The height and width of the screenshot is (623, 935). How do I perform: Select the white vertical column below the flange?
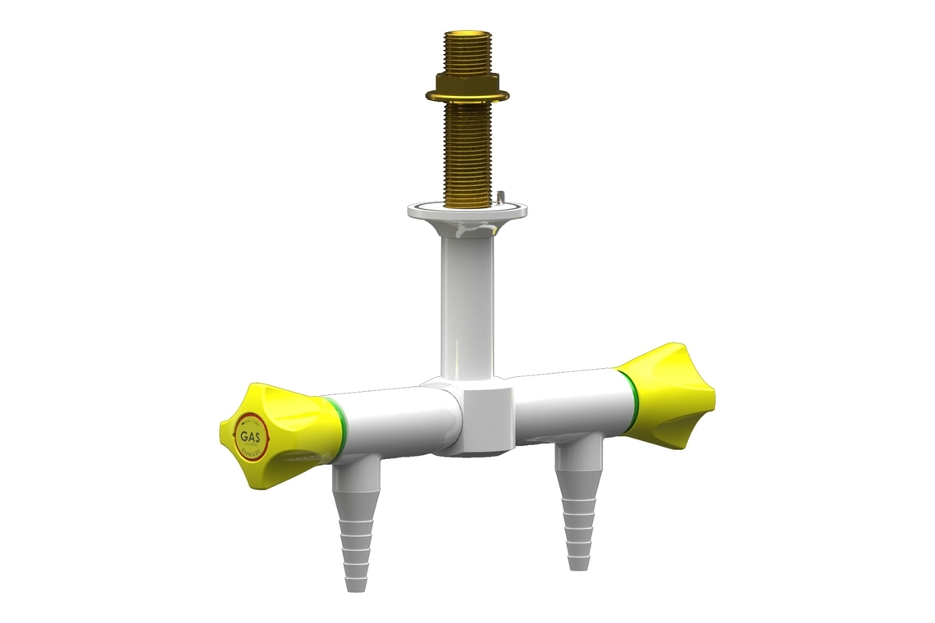tap(464, 303)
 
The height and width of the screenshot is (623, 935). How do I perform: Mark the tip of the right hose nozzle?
tap(577, 564)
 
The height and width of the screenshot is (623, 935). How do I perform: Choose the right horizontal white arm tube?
tap(566, 402)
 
